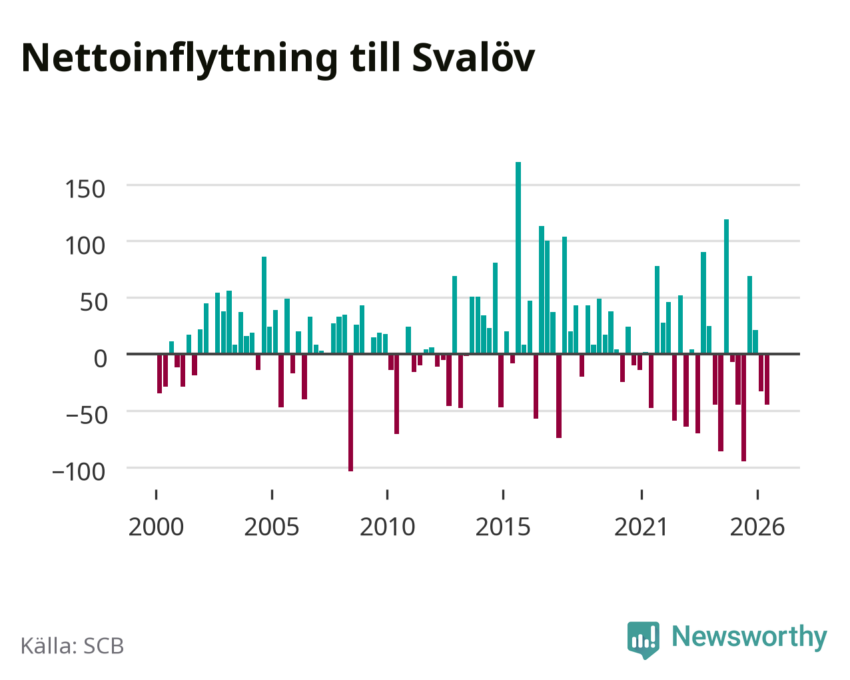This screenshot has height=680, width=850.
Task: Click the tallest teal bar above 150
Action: (x=518, y=258)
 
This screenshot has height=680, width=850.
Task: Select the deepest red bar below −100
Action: (x=350, y=413)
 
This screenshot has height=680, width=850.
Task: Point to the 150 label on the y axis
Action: (x=85, y=189)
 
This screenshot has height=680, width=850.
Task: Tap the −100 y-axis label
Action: (x=79, y=471)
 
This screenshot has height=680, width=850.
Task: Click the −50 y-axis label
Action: (x=87, y=415)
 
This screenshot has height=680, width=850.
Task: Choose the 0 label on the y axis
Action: (x=101, y=359)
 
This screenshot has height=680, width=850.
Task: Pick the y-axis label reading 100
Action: (x=85, y=246)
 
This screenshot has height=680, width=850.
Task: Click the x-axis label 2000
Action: (x=156, y=527)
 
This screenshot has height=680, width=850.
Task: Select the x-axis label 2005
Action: (x=272, y=527)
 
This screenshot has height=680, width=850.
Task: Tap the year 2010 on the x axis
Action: (x=387, y=527)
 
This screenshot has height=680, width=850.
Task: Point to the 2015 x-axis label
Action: (x=503, y=527)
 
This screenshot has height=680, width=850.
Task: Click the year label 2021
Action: (x=641, y=527)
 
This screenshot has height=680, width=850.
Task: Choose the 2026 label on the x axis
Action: (x=757, y=527)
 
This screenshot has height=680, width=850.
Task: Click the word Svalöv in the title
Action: (x=473, y=58)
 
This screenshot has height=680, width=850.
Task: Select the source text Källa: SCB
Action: (x=73, y=646)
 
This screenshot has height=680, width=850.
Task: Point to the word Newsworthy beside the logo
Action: (x=749, y=637)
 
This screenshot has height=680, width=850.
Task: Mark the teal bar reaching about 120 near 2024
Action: (x=726, y=287)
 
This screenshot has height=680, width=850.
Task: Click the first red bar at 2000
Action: (x=160, y=373)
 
